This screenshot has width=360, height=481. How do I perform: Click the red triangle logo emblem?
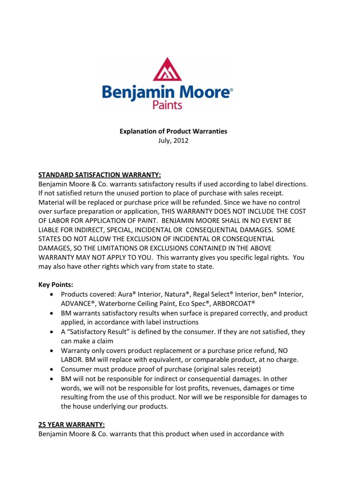pos(167,70)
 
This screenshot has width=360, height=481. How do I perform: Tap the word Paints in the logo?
pos(167,105)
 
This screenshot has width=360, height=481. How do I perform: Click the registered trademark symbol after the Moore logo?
pos(231,90)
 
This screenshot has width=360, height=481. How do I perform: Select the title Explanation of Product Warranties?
pos(173,131)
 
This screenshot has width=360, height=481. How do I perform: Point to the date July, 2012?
pos(173,141)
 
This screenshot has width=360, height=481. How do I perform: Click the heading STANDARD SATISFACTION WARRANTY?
pos(99,175)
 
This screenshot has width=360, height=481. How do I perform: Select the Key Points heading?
pos(56,285)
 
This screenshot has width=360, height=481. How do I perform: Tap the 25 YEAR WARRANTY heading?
pos(71,425)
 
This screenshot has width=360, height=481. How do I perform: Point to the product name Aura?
pos(125,294)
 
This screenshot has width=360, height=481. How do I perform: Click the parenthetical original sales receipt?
pos(227,369)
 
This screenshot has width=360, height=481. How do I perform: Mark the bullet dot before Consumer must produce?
pos(52,370)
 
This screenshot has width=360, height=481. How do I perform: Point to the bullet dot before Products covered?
pos(52,295)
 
